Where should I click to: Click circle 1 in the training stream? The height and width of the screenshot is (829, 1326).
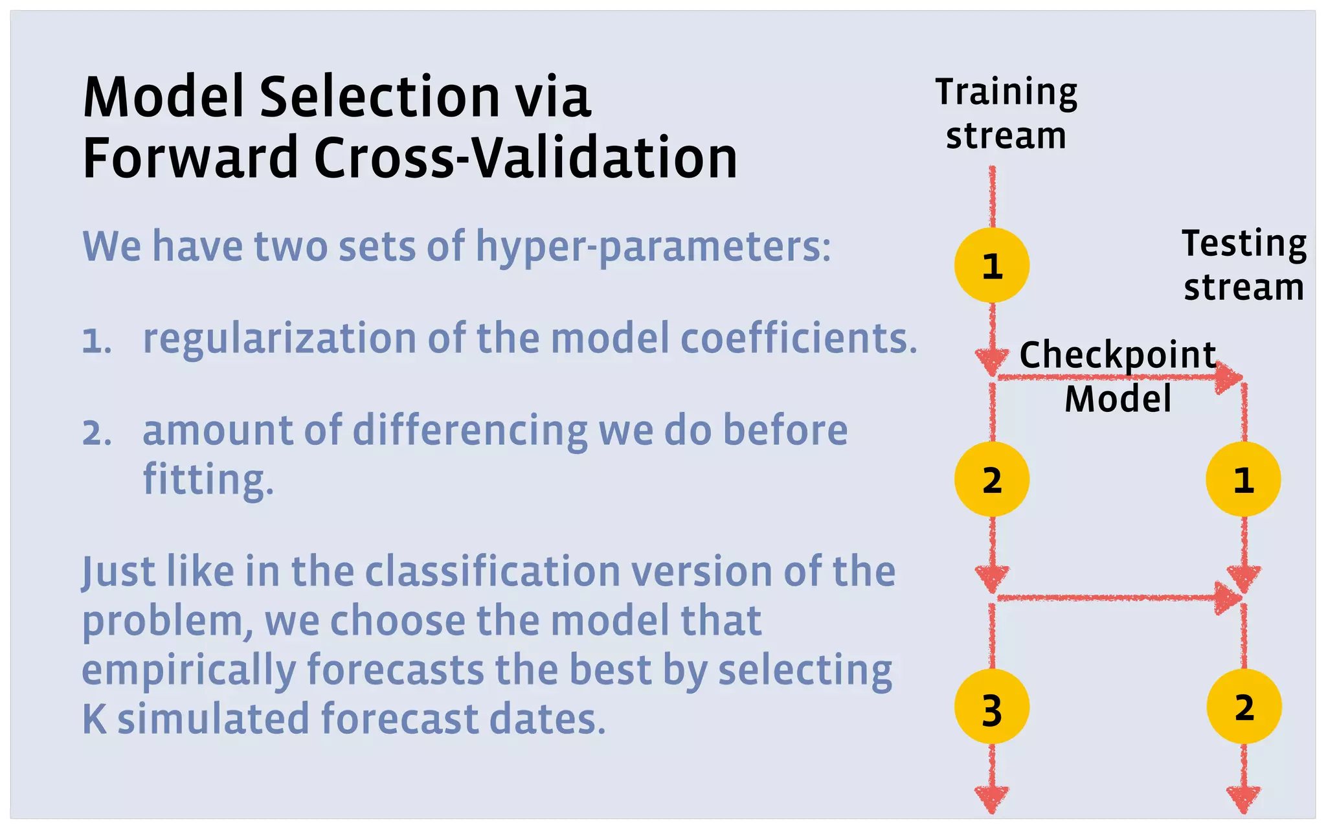992,265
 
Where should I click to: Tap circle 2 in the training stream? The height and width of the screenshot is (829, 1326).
992,479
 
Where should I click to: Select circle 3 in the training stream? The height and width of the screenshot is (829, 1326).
992,707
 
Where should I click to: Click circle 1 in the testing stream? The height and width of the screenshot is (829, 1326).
1243,479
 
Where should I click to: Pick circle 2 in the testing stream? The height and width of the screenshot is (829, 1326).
1244,707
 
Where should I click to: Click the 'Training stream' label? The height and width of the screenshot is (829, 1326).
1006,114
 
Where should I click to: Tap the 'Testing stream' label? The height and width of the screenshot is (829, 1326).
1244,265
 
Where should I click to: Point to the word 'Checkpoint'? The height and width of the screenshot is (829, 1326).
1118,355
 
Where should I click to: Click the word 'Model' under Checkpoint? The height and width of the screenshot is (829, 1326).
1118,398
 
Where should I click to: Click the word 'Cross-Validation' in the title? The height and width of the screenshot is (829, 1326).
526,158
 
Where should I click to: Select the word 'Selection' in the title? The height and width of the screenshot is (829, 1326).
379,97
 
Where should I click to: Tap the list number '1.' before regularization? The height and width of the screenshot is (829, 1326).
97,341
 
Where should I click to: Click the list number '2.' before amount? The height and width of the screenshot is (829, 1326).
97,433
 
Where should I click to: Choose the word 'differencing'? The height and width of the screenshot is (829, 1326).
470,431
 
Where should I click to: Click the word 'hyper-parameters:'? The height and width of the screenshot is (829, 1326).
653,247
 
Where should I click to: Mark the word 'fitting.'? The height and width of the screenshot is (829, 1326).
208,479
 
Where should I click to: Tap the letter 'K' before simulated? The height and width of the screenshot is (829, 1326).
95,719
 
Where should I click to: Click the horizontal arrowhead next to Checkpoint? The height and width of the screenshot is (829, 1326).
1228,378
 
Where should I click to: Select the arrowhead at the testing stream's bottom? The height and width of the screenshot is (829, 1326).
1244,799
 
